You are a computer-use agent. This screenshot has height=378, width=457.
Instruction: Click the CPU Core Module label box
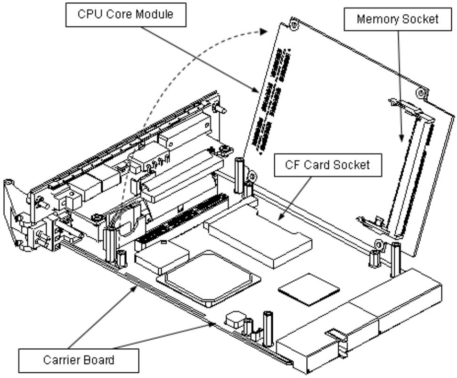point(126,15)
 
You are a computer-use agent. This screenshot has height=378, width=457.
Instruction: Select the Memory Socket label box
point(398,19)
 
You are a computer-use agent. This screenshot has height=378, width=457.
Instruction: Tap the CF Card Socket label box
point(328,165)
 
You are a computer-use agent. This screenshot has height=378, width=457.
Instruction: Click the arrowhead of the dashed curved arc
point(264,31)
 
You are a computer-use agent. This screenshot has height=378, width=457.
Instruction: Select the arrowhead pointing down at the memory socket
point(401,138)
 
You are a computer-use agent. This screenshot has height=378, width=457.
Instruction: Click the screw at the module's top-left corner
point(294,24)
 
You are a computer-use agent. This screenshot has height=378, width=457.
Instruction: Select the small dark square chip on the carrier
point(309,290)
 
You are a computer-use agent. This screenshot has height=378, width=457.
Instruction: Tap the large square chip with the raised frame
point(209,277)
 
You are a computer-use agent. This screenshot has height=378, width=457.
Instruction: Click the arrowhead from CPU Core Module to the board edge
point(256,89)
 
